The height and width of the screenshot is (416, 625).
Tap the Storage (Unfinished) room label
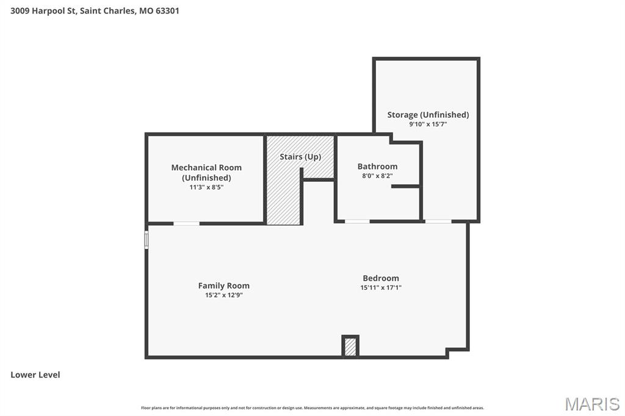click(428, 115)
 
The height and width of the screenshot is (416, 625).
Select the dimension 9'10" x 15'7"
click(428, 124)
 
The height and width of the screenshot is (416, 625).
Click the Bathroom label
click(377, 167)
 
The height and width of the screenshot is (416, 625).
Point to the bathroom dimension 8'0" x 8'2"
click(377, 176)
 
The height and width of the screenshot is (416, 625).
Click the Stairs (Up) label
click(300, 157)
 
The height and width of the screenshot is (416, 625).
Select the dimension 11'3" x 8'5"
click(206, 187)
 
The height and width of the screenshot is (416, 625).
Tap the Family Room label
click(223, 285)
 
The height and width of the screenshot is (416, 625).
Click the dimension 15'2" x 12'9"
click(223, 295)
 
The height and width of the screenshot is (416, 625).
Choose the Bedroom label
click(381, 278)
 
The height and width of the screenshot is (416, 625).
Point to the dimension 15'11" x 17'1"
click(381, 287)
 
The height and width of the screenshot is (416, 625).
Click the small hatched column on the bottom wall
click(350, 346)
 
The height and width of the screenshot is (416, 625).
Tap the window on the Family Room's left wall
click(146, 239)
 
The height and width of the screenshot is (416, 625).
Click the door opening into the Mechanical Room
click(186, 223)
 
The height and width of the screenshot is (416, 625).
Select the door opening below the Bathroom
click(357, 221)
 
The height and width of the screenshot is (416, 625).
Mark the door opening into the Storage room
click(438, 221)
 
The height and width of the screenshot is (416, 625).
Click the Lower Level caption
click(35, 375)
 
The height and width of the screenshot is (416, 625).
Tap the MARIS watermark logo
click(592, 403)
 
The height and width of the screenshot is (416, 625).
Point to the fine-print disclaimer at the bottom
click(312, 408)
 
